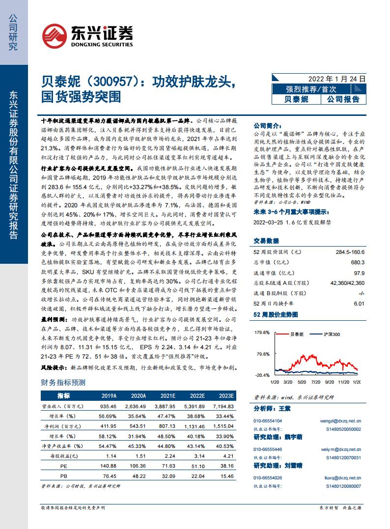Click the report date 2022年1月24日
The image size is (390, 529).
click(337, 79)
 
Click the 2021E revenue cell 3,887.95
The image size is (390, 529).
click(165, 407)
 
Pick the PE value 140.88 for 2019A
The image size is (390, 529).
click(107, 465)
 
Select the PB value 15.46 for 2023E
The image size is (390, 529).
click(226, 475)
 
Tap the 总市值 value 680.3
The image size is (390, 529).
click(358, 262)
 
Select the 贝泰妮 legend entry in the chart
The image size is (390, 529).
click(296, 334)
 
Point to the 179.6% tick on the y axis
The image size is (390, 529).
click(262, 333)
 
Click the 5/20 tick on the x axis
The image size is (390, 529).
click(302, 381)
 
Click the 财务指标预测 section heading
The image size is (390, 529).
click(62, 383)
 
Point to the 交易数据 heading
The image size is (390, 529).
click(266, 241)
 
